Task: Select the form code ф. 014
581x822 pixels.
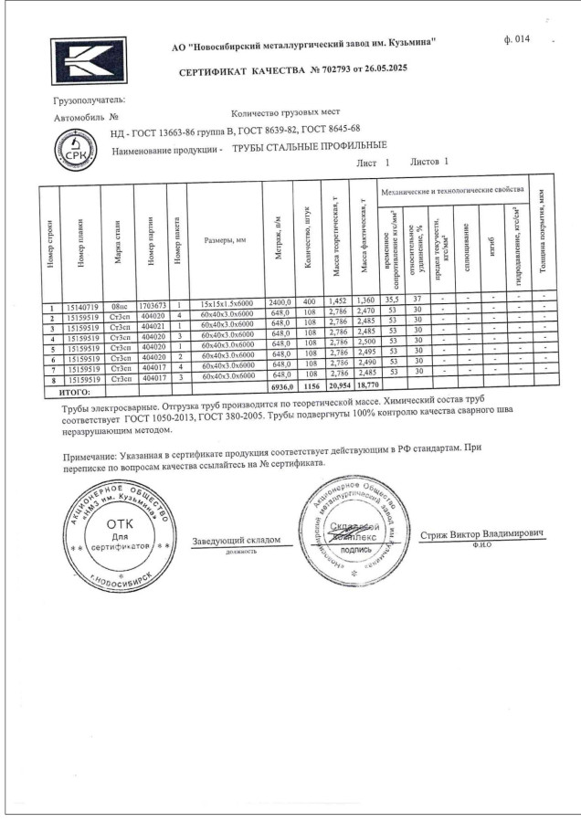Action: click(515, 40)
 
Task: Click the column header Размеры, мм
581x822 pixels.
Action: click(224, 240)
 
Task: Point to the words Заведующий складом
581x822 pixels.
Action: click(235, 540)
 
